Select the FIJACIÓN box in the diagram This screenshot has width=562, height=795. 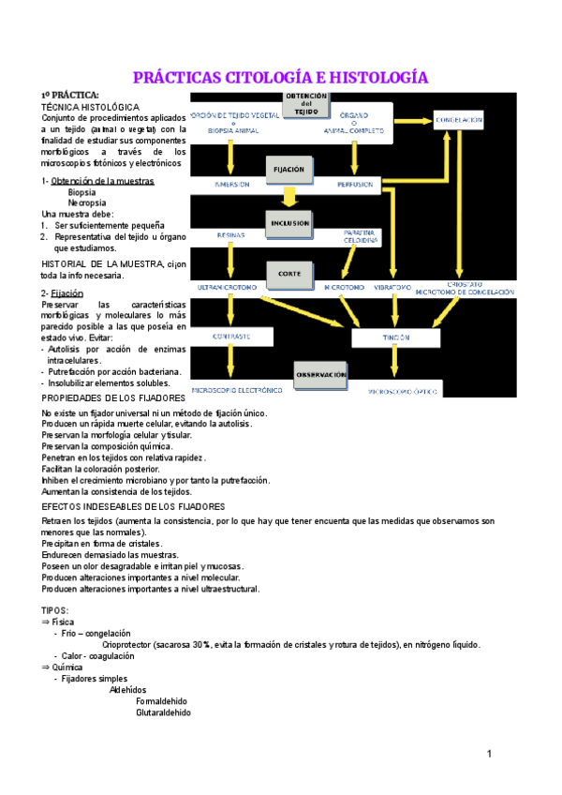288,170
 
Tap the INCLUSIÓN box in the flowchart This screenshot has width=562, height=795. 289,223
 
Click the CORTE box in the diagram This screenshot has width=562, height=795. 288,273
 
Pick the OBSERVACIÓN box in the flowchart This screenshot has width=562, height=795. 322,374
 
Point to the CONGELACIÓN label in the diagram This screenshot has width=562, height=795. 459,120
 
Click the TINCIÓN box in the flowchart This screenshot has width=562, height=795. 396,337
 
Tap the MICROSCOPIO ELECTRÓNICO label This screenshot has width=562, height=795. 237,389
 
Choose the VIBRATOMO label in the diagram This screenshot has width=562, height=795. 392,286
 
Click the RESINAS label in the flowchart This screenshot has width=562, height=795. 230,235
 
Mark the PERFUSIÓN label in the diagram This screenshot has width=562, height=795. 356,185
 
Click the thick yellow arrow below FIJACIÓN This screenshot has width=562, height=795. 289,196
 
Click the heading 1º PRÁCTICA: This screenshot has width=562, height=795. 69,97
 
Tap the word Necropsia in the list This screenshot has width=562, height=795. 87,202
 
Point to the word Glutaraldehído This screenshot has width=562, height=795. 163,712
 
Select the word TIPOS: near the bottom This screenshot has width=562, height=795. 56,609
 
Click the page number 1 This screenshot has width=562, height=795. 489,754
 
